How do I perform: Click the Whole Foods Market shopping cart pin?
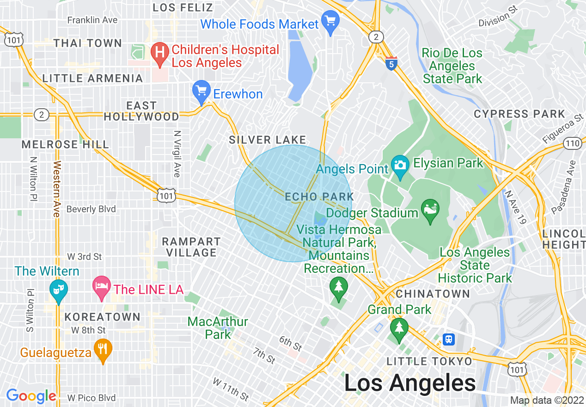coord(330,21)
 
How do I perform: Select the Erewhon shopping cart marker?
coord(201,91)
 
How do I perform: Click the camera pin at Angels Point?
coord(399,166)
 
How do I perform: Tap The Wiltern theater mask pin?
coord(58,290)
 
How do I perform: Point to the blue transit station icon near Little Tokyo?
coord(448,339)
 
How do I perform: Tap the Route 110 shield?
coord(573,143)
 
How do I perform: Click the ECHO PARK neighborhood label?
coord(319,197)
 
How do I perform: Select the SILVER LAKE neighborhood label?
coord(268,140)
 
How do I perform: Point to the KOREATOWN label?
coord(102,317)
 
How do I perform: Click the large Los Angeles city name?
coord(410,383)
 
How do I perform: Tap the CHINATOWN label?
coord(433,294)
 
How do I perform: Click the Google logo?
coord(31,396)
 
